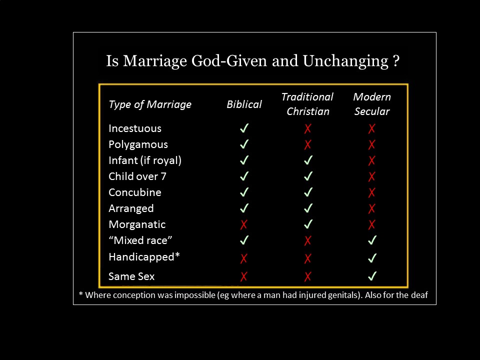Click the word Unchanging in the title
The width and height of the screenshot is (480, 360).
[345, 61]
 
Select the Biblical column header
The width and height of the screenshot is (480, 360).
[244, 104]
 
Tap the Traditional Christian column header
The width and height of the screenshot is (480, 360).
[307, 104]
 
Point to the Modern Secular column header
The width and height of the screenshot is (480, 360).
[372, 104]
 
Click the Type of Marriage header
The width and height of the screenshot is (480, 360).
[150, 104]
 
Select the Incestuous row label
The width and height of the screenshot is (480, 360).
[135, 128]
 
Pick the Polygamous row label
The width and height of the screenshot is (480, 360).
[138, 144]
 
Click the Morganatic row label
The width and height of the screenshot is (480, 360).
[137, 224]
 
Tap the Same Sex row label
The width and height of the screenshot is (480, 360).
[131, 276]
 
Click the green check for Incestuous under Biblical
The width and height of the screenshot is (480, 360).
[244, 128]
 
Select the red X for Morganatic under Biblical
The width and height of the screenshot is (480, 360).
[243, 224]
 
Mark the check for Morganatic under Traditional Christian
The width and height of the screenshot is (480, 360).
[308, 224]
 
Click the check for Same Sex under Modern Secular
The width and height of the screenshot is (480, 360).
[372, 276]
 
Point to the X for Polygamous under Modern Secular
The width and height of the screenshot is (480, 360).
[371, 144]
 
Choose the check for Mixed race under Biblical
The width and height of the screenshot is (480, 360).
[244, 240]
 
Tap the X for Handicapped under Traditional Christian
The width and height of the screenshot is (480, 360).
[307, 258]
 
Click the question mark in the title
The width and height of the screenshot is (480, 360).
[396, 61]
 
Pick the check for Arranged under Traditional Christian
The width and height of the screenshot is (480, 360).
[308, 208]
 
